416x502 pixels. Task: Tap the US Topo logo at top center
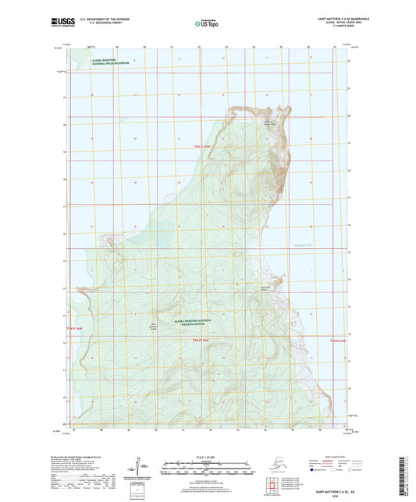tap(205, 23)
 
